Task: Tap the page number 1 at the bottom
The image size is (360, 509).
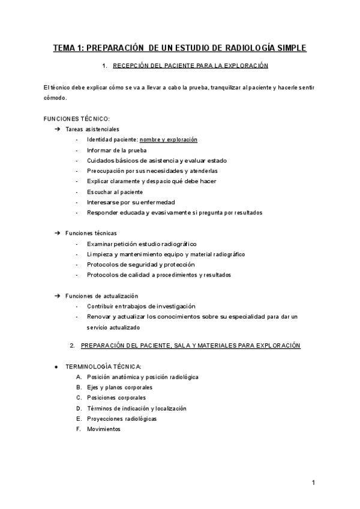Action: pyautogui.click(x=314, y=483)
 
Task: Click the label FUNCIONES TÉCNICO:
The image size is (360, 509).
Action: pyautogui.click(x=77, y=118)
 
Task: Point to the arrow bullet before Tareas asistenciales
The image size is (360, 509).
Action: pyautogui.click(x=57, y=129)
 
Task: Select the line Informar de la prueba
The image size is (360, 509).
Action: pyautogui.click(x=116, y=150)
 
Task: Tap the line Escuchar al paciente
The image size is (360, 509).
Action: pyautogui.click(x=115, y=191)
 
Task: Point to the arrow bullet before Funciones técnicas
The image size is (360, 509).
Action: pyautogui.click(x=57, y=233)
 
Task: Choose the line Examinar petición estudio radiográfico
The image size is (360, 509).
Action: pyautogui.click(x=142, y=244)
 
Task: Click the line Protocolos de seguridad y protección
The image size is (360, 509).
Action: pyautogui.click(x=140, y=264)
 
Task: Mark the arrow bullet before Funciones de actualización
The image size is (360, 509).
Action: pyautogui.click(x=57, y=295)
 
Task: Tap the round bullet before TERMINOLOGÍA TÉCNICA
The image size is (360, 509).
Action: pyautogui.click(x=56, y=366)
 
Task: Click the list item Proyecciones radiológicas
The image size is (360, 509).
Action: pyautogui.click(x=122, y=418)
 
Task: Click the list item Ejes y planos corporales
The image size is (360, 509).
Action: pyautogui.click(x=119, y=387)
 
